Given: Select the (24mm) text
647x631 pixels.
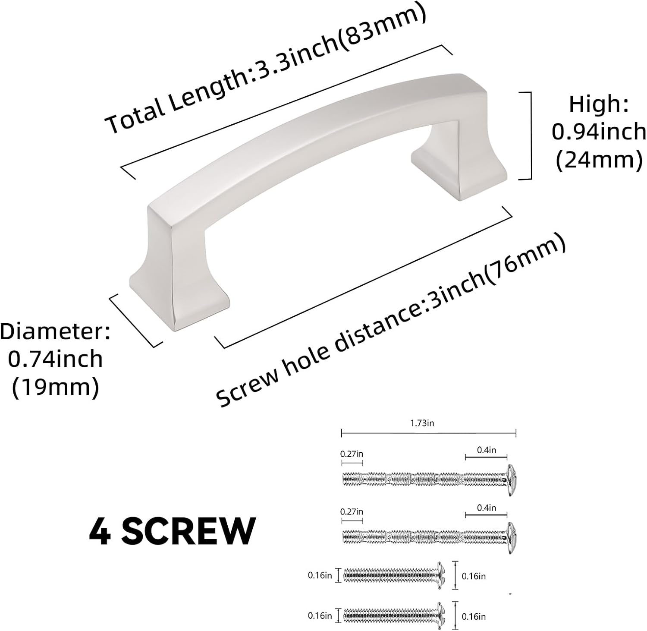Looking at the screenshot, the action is click(x=599, y=161).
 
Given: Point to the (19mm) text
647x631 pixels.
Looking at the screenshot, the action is click(x=55, y=387).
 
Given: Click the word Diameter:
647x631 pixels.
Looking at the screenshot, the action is click(x=55, y=331).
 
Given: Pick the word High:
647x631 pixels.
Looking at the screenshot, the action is click(x=599, y=104).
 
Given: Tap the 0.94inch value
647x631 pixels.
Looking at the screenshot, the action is click(x=599, y=132).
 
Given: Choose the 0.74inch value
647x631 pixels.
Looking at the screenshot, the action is click(x=55, y=359).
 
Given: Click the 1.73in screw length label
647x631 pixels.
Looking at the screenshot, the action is click(x=422, y=423).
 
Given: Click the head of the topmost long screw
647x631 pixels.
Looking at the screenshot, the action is click(x=511, y=480).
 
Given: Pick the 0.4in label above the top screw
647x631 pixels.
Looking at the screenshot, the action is click(x=486, y=450).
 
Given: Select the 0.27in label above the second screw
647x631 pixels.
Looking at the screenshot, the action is click(x=352, y=512).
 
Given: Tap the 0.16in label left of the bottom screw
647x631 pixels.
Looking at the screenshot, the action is click(x=320, y=616).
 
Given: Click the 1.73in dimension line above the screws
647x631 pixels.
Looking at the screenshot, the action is click(x=428, y=432).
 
